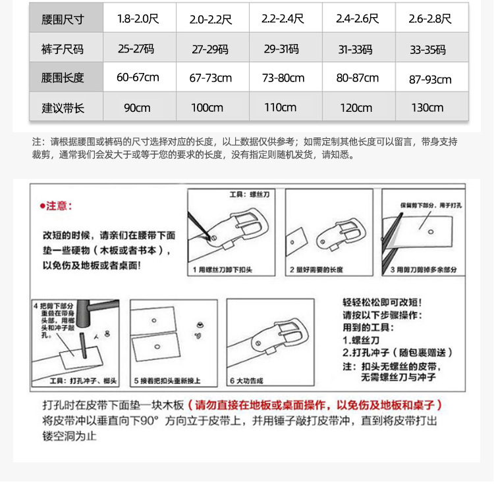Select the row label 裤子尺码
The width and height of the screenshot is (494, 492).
point(63,49)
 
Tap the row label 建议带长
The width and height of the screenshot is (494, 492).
point(63,107)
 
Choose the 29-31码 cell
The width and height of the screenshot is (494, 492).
point(283,49)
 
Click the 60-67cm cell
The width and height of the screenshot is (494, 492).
point(138,78)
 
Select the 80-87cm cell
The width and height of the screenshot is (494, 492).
point(358,78)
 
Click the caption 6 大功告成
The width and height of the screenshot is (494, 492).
point(246,381)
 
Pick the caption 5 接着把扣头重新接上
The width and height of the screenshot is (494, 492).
point(167,381)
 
